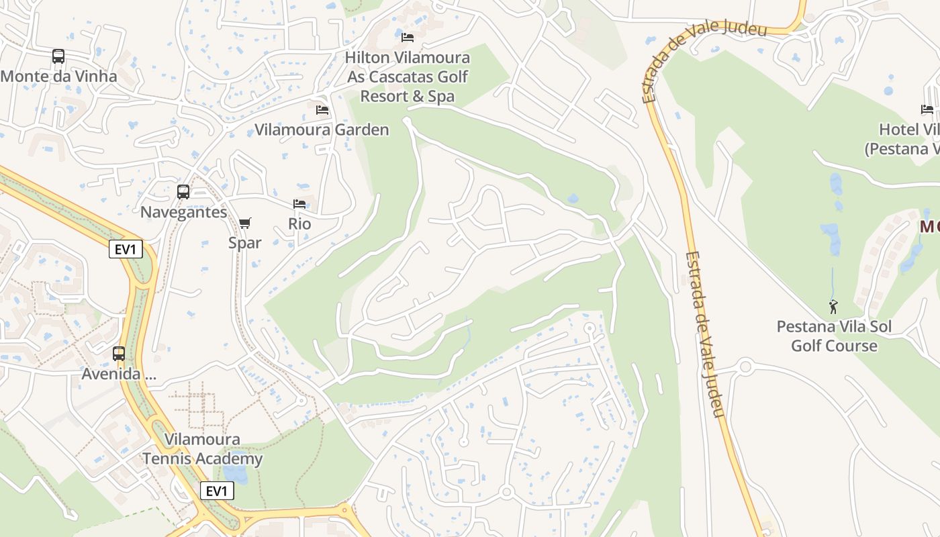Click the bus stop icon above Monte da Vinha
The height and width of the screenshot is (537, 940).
pos(58,56)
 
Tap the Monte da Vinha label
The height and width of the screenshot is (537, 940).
pos(58,76)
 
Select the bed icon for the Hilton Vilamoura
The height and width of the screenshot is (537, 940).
pos(408,37)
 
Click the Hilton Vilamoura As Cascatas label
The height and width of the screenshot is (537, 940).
pos(408,77)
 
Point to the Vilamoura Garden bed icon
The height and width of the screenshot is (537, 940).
pos(322,109)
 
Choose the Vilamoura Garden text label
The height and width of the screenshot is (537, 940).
pos(322,130)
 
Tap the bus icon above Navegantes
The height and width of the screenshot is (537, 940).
pos(183,192)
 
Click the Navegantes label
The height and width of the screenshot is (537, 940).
pos(183,212)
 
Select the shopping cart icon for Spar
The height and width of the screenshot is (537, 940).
pos(245,223)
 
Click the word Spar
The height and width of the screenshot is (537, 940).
pos(245,242)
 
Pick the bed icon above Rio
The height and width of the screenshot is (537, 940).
pos(299,203)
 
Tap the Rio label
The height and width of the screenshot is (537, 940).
pos(299,224)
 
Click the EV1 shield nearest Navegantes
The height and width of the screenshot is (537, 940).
pos(126,250)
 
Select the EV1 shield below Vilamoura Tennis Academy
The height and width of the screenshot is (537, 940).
pos(217,491)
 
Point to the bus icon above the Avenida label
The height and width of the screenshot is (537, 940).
pos(119,353)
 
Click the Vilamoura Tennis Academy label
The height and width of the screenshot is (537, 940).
pos(202,449)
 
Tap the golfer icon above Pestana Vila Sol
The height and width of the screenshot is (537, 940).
pos(833,307)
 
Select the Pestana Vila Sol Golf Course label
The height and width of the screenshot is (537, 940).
pos(834,336)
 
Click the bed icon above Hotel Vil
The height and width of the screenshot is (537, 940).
pos(927,109)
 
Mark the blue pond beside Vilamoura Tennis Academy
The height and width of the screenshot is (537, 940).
pos(236,475)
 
